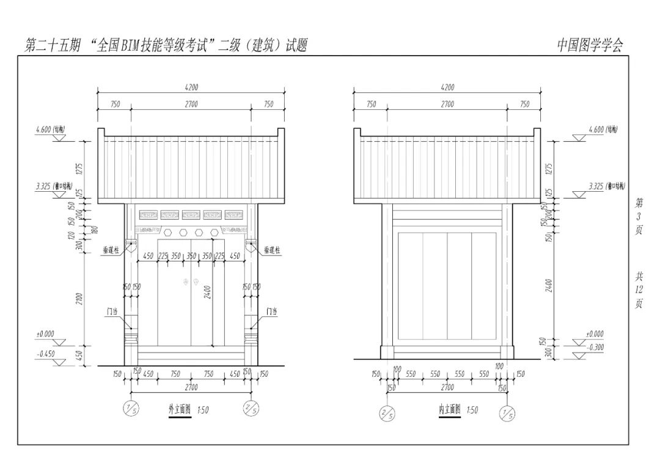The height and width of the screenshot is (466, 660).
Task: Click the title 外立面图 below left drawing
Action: click(x=180, y=410)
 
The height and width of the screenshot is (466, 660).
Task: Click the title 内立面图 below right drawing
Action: click(x=449, y=410)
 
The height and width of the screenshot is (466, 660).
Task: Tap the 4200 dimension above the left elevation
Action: click(x=191, y=88)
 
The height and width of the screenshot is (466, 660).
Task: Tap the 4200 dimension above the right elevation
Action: click(x=447, y=88)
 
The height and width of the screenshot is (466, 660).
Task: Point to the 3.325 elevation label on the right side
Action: click(x=596, y=186)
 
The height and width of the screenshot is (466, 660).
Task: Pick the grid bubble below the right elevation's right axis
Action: click(x=507, y=413)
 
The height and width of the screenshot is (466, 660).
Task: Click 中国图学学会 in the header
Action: click(x=590, y=45)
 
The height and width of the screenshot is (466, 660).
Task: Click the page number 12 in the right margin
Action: click(x=639, y=289)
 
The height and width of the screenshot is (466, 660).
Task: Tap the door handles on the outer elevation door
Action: click(x=191, y=282)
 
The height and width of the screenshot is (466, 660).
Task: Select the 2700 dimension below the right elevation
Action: click(x=447, y=387)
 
